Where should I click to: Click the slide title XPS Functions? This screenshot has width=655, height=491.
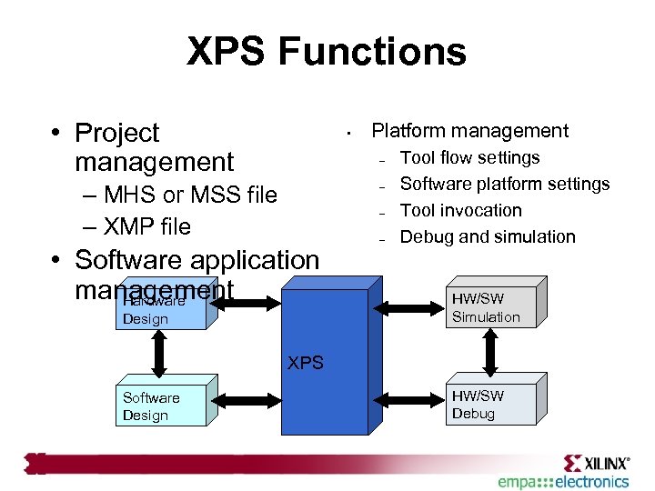327,52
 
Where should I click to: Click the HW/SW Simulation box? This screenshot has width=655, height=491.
491,307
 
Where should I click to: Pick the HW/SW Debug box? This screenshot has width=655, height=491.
491,405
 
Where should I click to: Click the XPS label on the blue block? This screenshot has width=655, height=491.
306,362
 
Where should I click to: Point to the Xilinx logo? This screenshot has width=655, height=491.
596,461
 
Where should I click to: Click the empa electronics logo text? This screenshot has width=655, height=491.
563,481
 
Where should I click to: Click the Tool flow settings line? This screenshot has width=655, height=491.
470,157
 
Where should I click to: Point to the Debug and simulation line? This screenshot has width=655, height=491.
488,236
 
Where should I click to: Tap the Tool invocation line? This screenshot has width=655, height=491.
461,210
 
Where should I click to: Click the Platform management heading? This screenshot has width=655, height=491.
470,131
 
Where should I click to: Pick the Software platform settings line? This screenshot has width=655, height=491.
505,184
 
